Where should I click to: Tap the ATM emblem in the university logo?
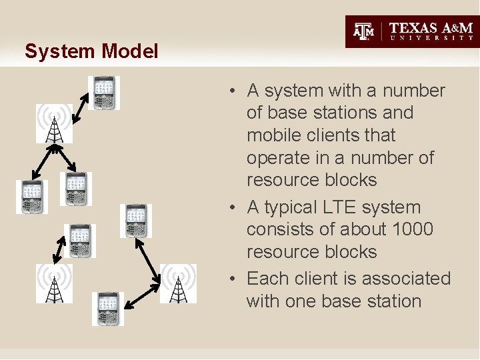(x=364, y=31)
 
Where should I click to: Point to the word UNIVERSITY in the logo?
(x=432, y=39)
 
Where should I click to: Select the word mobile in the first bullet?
(x=272, y=135)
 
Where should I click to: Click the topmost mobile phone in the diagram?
(x=105, y=93)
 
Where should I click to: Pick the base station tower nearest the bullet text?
(x=178, y=283)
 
